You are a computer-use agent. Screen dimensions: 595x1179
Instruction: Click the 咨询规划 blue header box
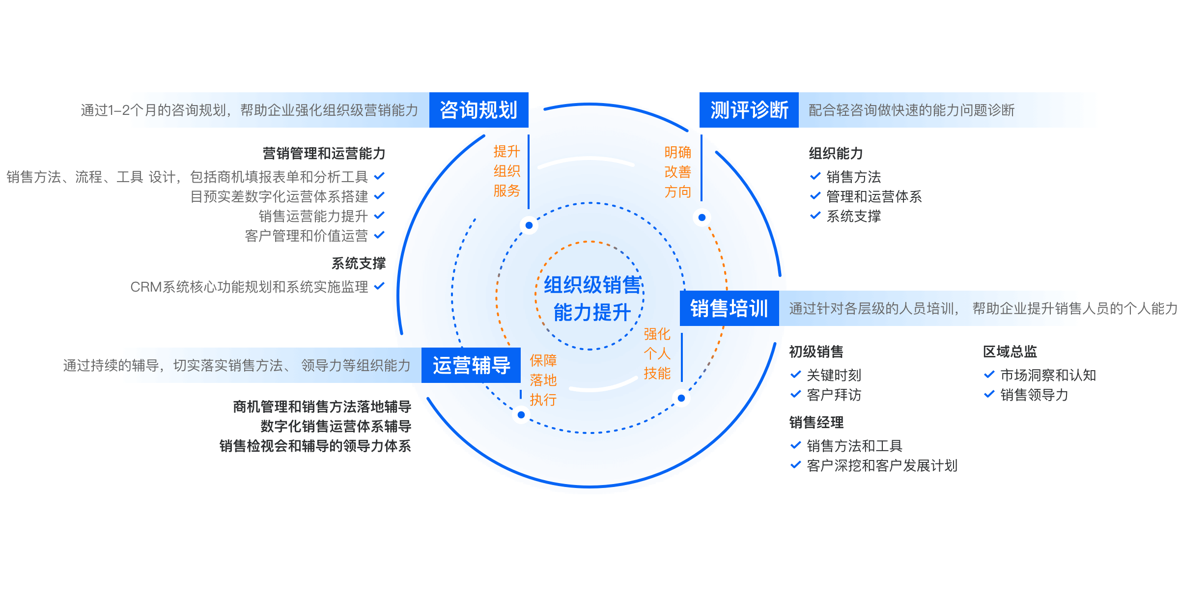478,110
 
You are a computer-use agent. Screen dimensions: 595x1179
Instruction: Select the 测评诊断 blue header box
749,110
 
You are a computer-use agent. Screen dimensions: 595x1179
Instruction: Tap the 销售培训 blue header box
729,308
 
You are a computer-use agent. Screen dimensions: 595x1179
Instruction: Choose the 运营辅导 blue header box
471,365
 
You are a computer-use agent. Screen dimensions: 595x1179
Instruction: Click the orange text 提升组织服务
506,171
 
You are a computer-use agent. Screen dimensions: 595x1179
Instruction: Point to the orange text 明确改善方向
677,172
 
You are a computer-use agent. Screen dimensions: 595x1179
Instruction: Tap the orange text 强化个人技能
657,353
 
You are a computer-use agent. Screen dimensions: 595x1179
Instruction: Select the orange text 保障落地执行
543,380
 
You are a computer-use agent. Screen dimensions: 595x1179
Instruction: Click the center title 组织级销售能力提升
592,298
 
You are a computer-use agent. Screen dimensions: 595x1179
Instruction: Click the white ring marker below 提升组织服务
529,225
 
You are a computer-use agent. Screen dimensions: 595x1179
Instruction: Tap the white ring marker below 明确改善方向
702,217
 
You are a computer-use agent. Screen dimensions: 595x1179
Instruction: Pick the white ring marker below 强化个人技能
681,398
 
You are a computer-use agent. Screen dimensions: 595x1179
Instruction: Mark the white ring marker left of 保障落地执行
521,415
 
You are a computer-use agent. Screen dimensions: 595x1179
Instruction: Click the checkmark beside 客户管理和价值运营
379,235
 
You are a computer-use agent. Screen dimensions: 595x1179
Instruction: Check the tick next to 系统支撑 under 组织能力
815,216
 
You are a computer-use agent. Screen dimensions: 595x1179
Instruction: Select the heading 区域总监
1010,352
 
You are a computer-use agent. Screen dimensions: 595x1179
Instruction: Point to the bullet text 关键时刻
834,375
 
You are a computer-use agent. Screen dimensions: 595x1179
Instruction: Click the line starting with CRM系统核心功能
249,287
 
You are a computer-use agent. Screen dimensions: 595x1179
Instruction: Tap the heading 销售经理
816,422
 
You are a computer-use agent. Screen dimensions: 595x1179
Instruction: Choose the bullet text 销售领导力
1034,395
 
